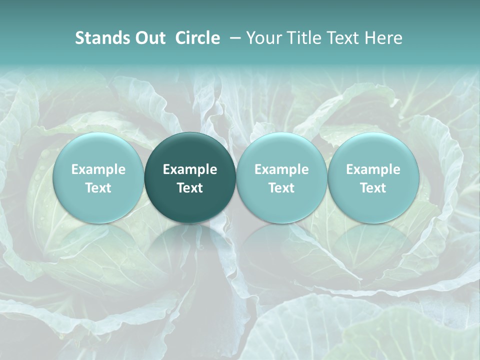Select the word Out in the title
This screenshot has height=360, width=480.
[x=149, y=38]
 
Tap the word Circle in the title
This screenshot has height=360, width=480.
[x=197, y=38]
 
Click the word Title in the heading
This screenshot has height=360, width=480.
[x=305, y=38]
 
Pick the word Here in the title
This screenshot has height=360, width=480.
[x=384, y=38]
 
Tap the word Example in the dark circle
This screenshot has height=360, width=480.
[x=190, y=169]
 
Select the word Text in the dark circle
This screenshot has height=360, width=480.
[x=190, y=188]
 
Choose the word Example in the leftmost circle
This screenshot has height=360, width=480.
[x=98, y=169]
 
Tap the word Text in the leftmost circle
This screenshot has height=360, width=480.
[x=98, y=188]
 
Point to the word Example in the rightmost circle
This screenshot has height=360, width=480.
[x=373, y=169]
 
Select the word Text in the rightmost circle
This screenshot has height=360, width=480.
[x=373, y=188]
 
